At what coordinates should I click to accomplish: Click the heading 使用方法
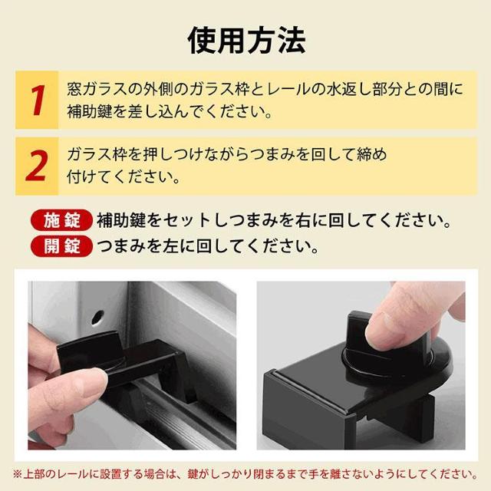(246, 41)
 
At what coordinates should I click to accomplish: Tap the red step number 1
(38, 101)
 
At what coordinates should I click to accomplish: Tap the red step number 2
(36, 166)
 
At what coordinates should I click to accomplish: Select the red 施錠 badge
(61, 221)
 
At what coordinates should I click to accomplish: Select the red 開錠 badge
(61, 246)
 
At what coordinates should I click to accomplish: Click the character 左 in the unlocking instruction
(170, 246)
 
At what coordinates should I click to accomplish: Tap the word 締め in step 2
(372, 154)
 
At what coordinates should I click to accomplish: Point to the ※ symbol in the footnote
(18, 474)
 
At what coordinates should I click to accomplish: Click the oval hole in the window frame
(97, 317)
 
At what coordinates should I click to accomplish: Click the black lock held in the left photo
(125, 363)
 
